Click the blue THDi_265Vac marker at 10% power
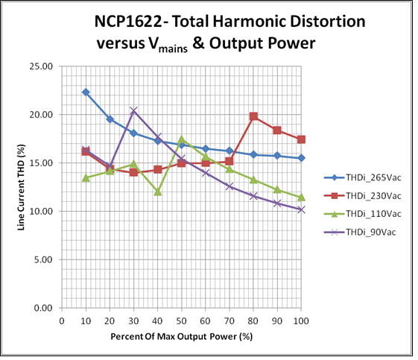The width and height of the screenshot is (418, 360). pos(86,92)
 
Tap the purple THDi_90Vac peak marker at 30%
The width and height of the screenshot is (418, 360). pos(133,111)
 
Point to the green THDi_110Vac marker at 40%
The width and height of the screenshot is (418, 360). pos(158,192)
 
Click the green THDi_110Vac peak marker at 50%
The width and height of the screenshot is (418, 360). pos(182,139)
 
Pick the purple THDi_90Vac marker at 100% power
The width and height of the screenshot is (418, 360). pos(301,209)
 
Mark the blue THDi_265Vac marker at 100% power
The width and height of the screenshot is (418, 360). pos(301,158)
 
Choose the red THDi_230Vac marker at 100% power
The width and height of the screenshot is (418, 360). pos(301,139)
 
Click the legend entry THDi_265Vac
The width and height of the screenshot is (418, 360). pos(366,177)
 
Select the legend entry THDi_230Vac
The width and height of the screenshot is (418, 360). pos(366,196)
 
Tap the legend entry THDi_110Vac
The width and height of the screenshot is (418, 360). pos(366,215)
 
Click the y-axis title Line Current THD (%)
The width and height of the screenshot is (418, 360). pos(22,186)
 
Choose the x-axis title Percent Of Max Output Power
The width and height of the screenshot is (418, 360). pos(181,337)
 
